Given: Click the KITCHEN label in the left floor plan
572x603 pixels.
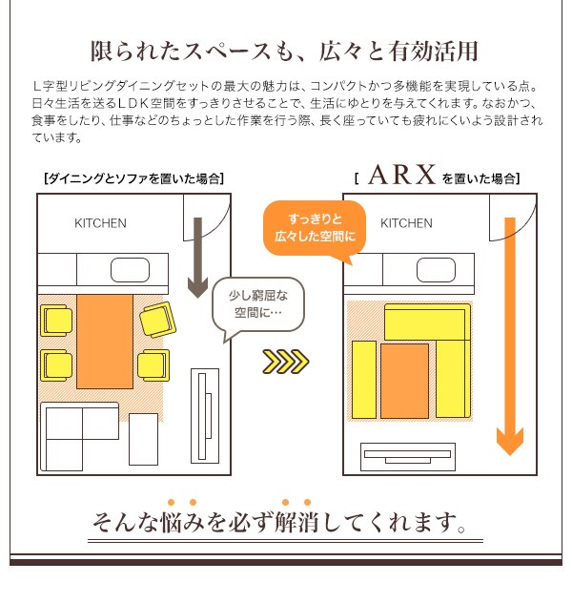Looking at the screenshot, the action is [x=100, y=223].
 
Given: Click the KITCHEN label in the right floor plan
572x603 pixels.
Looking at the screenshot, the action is [x=406, y=223].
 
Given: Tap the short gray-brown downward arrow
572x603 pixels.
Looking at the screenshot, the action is [x=198, y=258].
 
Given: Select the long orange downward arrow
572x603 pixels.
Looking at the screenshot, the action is [x=510, y=337].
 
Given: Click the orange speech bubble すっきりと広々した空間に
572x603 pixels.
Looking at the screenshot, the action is [x=315, y=228].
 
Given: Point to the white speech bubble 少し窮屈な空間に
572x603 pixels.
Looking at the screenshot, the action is [x=258, y=304].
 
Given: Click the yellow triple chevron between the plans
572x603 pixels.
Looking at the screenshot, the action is [x=286, y=362].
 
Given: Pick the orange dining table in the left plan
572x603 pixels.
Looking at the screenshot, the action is [x=105, y=342].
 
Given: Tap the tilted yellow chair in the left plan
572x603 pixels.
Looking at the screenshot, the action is [x=158, y=320].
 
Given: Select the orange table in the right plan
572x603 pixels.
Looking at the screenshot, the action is [x=404, y=381].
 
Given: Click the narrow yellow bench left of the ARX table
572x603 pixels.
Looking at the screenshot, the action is [x=364, y=380].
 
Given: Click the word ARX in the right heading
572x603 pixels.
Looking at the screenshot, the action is [x=401, y=175].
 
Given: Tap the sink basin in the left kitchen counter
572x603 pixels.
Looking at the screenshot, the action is [x=130, y=270].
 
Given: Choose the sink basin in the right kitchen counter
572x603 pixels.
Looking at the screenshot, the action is [x=436, y=270].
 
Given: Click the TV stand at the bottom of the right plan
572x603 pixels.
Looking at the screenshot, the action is [x=408, y=457].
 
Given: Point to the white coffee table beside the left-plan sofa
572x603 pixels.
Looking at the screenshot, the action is [x=143, y=439].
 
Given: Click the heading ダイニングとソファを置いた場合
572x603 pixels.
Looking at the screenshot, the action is [x=134, y=178].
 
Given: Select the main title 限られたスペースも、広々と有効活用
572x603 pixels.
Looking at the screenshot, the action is [x=284, y=52].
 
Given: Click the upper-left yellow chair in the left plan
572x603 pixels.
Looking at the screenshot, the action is [x=56, y=321].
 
